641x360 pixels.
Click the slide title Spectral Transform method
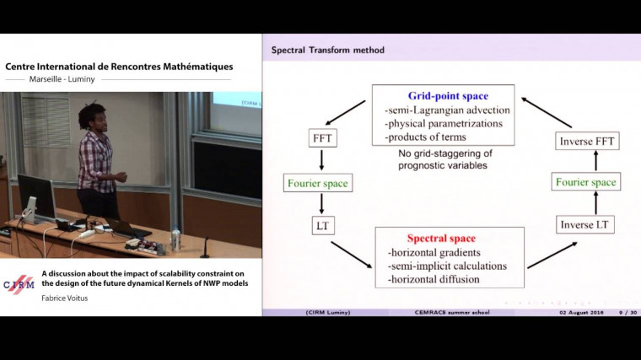pos(327,51)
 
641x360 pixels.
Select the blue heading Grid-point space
pos(443,96)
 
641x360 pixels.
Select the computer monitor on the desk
pos(36,196)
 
